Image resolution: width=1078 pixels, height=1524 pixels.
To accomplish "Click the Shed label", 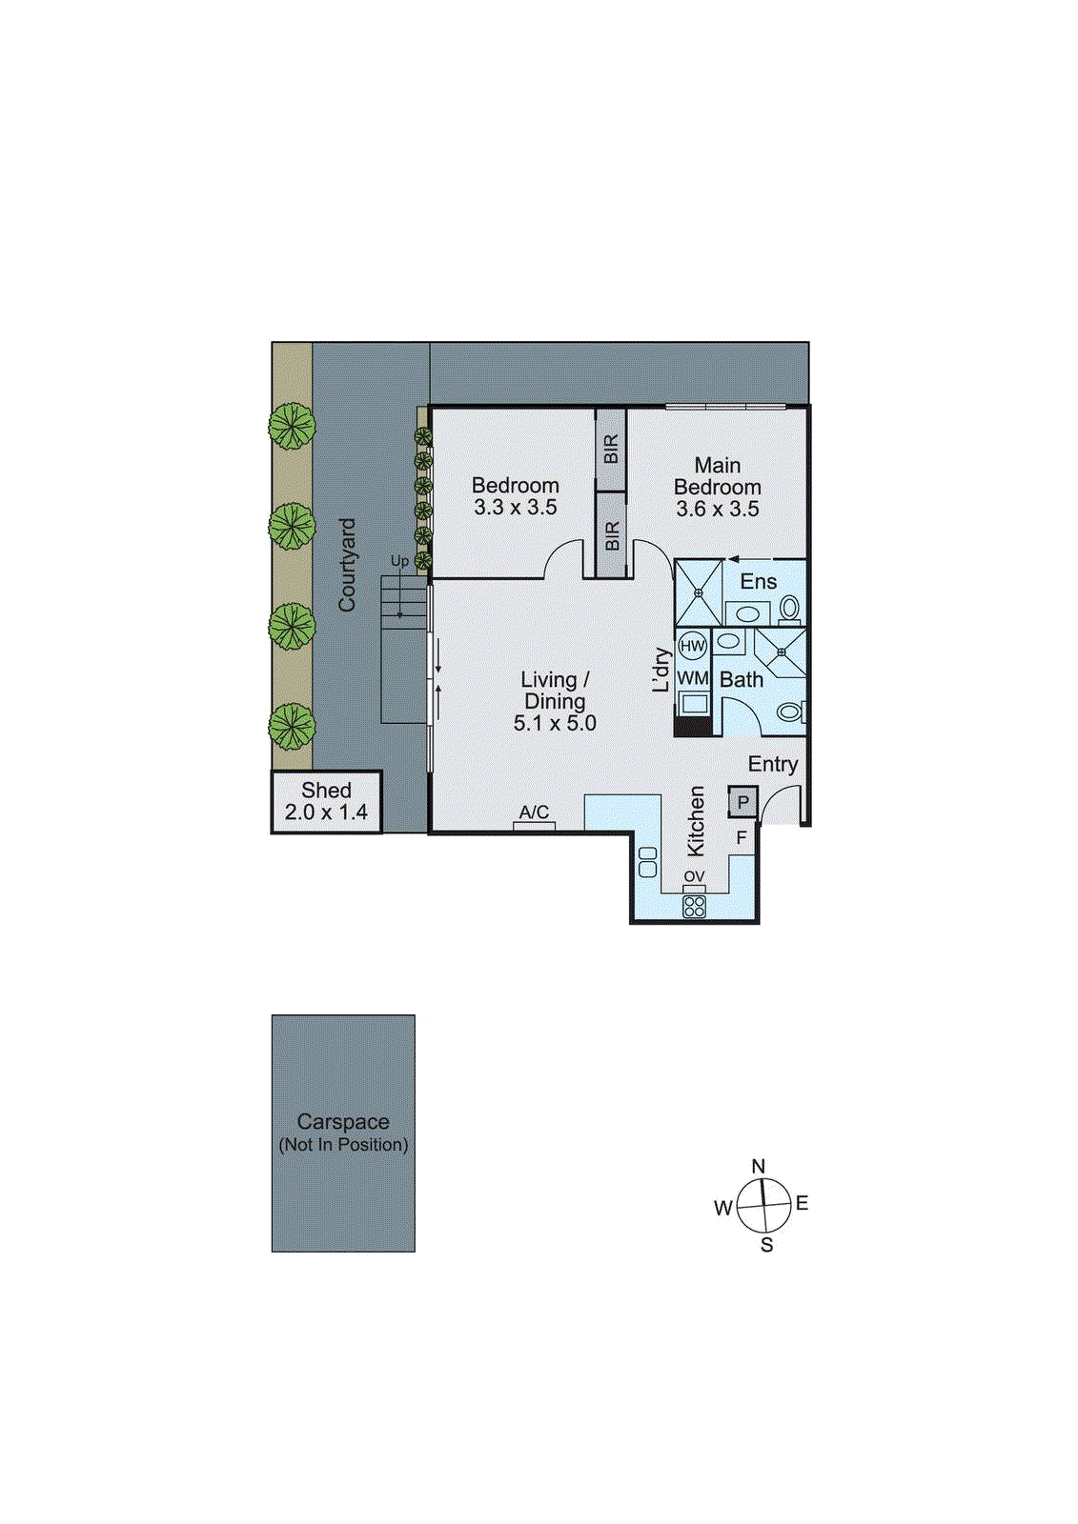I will pos(326,791).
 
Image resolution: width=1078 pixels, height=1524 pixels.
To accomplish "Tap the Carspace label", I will pos(343,1122).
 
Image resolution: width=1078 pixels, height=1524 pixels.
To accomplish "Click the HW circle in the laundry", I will pos(693,646).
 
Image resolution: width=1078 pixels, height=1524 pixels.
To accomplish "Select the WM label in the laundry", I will pos(693,678).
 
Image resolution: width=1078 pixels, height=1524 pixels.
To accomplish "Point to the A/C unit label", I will pos(534,812).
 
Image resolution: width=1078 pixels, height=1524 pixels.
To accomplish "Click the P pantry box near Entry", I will pos(743,802).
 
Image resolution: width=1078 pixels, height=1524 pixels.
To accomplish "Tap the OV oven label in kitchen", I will pos(694,876).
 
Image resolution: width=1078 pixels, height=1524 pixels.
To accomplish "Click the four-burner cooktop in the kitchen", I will pos(694,906).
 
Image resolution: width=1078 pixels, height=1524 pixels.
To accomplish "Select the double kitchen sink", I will pos(648,862).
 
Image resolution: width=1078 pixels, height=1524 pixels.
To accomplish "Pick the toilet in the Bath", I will pos(789,712).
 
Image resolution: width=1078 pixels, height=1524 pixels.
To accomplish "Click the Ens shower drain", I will pos(699,592).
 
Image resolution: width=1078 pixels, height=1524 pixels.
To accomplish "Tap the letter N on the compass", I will pos(759,1166).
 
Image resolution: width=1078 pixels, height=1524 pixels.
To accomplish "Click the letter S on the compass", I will pos(766,1245).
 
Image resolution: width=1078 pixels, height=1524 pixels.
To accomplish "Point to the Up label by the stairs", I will pos(399,561).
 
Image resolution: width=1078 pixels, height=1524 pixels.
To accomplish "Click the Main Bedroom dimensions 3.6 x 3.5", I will pos(718,510).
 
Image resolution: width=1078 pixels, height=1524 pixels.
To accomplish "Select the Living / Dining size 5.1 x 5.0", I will pos(555,724).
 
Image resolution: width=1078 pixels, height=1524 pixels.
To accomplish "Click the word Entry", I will pos(772,764).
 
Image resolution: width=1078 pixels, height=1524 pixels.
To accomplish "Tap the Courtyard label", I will pos(347,565).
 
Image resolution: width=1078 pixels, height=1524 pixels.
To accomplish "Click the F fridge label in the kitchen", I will pos(742,838).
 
